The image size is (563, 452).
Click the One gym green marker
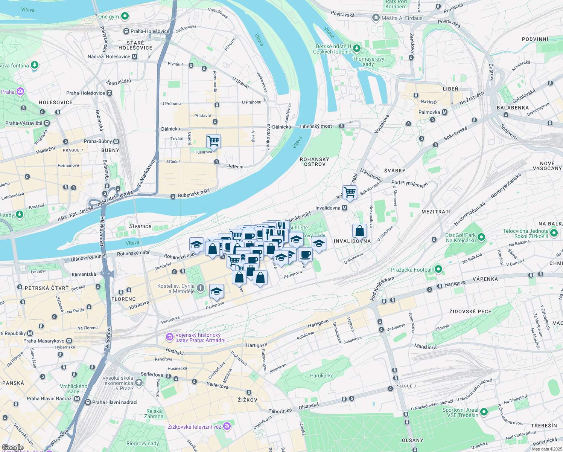tap(125, 16)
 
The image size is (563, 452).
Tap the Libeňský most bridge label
tap(316, 127)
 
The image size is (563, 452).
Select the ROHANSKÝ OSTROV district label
tap(315, 162)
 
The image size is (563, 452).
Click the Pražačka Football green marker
tap(438, 269)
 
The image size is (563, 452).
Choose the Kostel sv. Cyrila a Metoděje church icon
tap(201, 289)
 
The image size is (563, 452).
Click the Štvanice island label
tap(140, 226)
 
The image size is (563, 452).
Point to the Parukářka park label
tap(322, 376)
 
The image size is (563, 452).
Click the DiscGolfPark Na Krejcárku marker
tap(481, 237)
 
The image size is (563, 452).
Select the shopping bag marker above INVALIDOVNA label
tap(359, 231)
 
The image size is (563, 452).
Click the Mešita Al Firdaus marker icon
tap(376, 18)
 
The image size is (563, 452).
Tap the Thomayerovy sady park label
tap(368, 61)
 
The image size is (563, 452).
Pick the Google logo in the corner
tap(13, 447)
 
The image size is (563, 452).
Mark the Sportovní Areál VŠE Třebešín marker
tap(484, 412)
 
